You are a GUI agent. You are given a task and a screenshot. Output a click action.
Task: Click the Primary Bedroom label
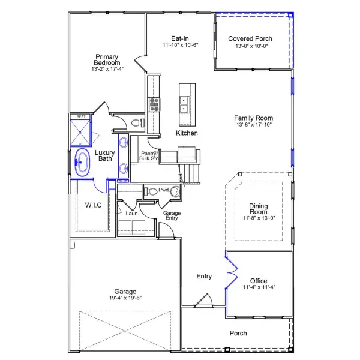tap(107, 59)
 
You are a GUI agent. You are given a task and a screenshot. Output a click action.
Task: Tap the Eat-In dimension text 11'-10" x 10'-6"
tap(180, 45)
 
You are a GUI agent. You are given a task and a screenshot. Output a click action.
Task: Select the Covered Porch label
tap(250, 38)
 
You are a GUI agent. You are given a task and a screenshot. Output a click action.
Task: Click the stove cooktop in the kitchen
tap(154, 104)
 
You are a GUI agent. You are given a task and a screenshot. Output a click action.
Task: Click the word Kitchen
tap(187, 133)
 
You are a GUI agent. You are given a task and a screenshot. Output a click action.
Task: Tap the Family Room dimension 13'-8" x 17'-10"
tap(254, 125)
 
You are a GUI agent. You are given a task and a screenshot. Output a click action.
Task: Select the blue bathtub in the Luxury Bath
tap(82, 163)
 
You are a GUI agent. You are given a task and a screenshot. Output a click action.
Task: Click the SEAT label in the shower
tap(81, 116)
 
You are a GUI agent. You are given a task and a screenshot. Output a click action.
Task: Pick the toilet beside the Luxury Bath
tap(138, 123)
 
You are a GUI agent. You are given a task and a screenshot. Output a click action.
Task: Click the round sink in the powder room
tap(175, 191)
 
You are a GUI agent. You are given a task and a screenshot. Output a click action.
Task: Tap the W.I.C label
tap(93, 205)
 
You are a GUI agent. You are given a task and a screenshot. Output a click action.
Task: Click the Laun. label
tap(132, 214)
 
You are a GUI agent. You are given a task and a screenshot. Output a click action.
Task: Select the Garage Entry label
tap(172, 215)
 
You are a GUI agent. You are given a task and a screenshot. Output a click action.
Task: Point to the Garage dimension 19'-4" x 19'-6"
tap(125, 298)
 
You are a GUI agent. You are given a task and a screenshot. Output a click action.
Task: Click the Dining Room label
tap(259, 209)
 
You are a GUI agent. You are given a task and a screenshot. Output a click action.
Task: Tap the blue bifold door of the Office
tap(232, 272)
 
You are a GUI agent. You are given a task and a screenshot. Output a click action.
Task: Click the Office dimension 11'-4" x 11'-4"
tap(259, 287)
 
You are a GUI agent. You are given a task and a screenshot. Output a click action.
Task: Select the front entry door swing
tap(204, 300)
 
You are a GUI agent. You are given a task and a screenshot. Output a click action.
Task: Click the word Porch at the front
tap(238, 333)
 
